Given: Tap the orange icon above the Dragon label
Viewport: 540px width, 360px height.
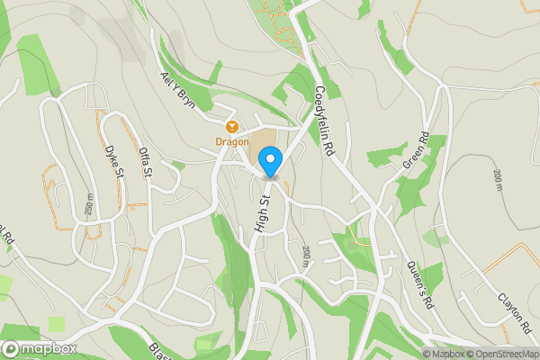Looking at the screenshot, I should click(x=231, y=127).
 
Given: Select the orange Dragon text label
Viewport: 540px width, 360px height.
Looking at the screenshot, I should click(x=231, y=141).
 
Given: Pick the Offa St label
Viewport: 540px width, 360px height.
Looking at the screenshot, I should click(x=147, y=163).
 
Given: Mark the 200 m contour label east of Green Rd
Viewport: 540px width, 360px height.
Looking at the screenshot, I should click(x=497, y=180).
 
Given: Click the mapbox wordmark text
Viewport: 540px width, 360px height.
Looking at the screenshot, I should click(x=49, y=349).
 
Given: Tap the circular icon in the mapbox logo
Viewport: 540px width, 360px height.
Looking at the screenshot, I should click(x=11, y=349).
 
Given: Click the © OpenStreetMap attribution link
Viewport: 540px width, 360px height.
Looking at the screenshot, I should click(x=500, y=354).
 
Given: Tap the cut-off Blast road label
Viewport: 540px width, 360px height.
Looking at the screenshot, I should click(x=160, y=352).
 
